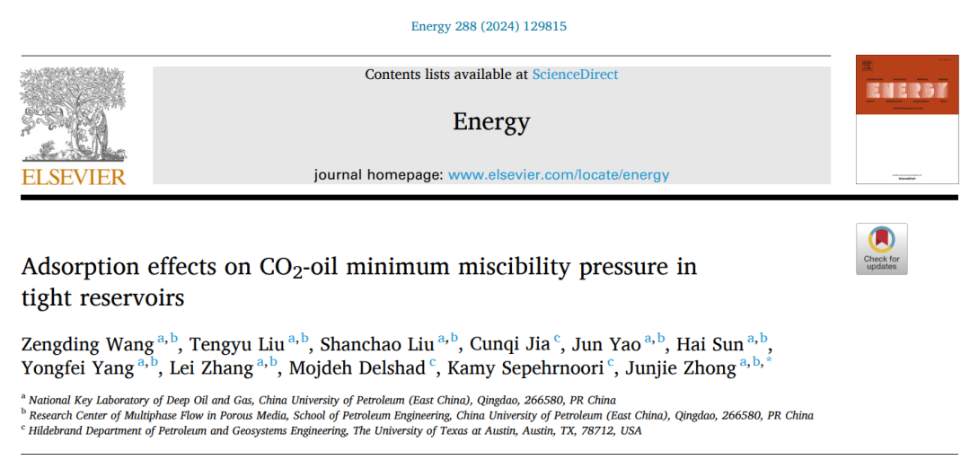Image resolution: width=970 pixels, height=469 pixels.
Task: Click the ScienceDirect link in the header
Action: tap(575, 75)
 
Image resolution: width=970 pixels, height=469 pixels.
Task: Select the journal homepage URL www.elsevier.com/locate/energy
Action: tap(559, 175)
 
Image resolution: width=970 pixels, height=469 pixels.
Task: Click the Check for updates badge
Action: tap(881, 249)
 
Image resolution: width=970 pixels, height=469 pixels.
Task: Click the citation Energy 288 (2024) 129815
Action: tap(489, 26)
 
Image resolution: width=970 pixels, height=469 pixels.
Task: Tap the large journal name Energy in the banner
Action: tap(491, 121)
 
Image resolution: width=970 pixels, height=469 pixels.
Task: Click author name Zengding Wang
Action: tap(87, 344)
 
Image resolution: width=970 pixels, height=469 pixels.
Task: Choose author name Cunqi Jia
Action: tap(510, 344)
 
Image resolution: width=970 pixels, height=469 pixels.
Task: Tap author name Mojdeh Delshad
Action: tap(358, 367)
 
